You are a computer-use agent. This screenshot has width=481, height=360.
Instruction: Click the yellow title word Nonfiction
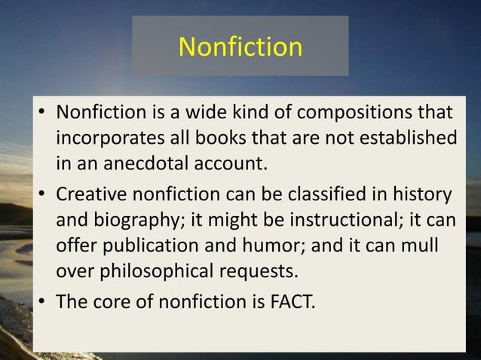(x=240, y=47)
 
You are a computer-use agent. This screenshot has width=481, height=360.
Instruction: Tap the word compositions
(x=352, y=114)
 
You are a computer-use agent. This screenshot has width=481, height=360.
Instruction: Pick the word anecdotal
(x=140, y=163)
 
